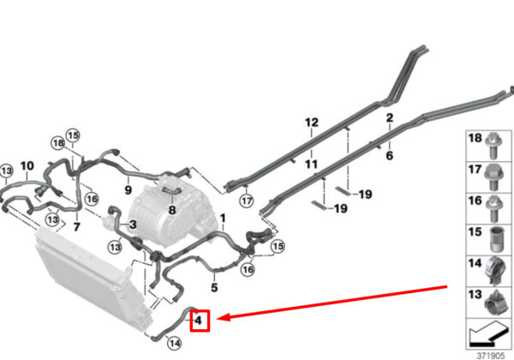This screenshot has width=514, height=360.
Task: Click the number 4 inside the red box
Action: click(x=198, y=321)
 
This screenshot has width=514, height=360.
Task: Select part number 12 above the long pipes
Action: click(x=310, y=123)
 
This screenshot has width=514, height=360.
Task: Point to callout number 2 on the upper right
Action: click(x=389, y=117)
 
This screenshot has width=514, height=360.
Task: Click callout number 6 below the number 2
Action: click(x=389, y=156)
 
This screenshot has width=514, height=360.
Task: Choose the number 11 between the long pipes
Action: click(x=310, y=164)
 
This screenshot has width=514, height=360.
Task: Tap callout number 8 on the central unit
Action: click(x=171, y=208)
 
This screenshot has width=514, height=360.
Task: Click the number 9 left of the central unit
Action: click(x=128, y=189)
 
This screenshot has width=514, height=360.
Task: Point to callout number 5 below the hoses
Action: click(x=214, y=288)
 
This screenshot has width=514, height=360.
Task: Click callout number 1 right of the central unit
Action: click(x=223, y=219)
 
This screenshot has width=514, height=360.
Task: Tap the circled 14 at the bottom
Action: click(x=174, y=344)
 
